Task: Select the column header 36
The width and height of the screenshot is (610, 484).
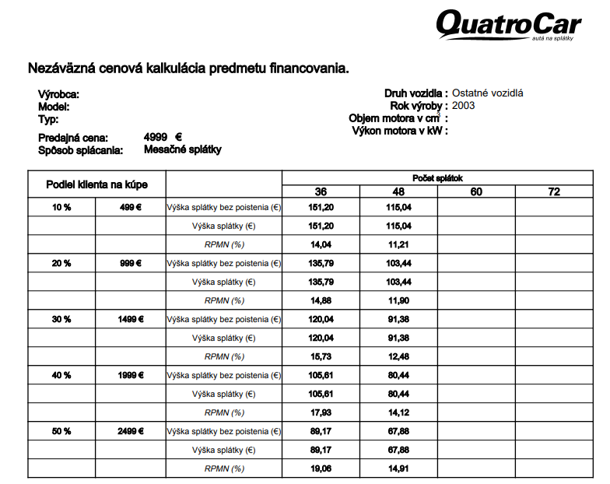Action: pyautogui.click(x=321, y=191)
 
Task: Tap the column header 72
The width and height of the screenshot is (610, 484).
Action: pyautogui.click(x=554, y=191)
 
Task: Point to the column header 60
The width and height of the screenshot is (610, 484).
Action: pyautogui.click(x=476, y=191)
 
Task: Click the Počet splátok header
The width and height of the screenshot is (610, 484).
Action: pyautogui.click(x=437, y=178)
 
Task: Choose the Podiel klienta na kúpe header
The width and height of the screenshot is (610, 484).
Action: pyautogui.click(x=96, y=184)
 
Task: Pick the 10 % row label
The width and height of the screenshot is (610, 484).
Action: pyautogui.click(x=61, y=208)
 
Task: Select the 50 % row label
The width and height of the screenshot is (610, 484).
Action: pyautogui.click(x=61, y=431)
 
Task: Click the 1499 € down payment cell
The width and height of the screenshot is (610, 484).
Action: pyautogui.click(x=130, y=319)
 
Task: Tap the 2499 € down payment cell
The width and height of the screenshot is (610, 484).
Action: pyautogui.click(x=130, y=431)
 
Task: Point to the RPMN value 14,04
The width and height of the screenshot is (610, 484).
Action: pyautogui.click(x=321, y=244)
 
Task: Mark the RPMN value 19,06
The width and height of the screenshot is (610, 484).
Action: pyautogui.click(x=321, y=468)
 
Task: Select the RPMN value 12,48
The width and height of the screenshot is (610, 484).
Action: pyautogui.click(x=398, y=356)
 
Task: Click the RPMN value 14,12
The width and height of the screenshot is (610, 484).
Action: pyautogui.click(x=398, y=412)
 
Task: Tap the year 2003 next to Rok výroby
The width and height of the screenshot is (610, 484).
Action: pyautogui.click(x=464, y=106)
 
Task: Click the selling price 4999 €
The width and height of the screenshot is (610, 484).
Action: pyautogui.click(x=163, y=137)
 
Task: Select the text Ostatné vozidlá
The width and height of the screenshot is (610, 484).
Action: pyautogui.click(x=488, y=93)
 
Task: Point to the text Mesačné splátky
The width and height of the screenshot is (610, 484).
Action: pyautogui.click(x=183, y=149)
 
